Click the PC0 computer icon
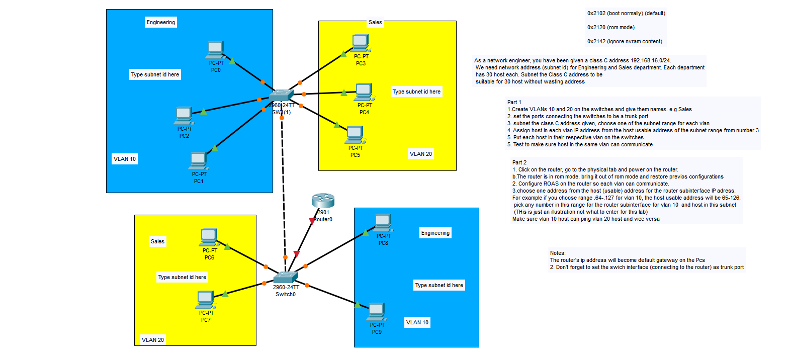(x=215, y=50)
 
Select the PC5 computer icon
(x=355, y=135)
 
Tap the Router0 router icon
(x=323, y=201)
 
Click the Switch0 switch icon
(x=285, y=278)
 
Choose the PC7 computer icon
(x=206, y=300)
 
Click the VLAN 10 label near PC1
(x=125, y=159)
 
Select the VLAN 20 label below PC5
(x=420, y=154)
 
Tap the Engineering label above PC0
(x=161, y=22)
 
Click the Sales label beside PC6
(x=157, y=241)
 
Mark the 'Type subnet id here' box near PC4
(x=416, y=92)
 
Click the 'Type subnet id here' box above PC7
(x=182, y=277)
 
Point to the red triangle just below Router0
(x=312, y=221)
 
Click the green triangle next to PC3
(x=343, y=54)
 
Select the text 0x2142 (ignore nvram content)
(x=625, y=41)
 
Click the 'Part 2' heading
(x=519, y=162)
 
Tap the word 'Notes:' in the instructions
(x=558, y=253)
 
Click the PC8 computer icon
(x=383, y=223)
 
